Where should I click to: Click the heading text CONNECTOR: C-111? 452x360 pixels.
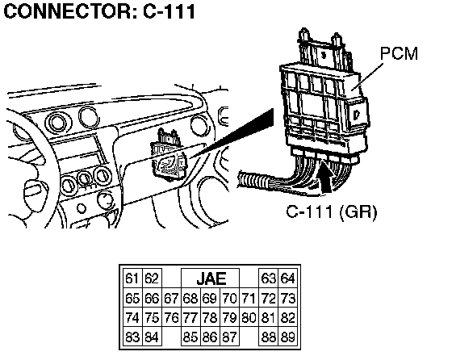tap(100, 11)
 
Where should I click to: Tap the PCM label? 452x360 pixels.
tap(399, 53)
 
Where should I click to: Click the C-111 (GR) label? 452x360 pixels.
tap(332, 211)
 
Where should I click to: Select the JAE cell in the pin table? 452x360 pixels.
tap(210, 278)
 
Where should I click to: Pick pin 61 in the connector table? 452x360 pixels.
tap(132, 278)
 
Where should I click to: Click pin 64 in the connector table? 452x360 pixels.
tap(287, 278)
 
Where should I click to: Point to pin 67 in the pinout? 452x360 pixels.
tap(171, 298)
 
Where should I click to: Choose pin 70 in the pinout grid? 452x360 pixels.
tap(229, 298)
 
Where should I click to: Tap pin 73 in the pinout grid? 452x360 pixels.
tap(287, 298)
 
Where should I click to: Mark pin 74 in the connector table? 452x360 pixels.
tap(132, 317)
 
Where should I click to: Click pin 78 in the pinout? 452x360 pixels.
tap(210, 317)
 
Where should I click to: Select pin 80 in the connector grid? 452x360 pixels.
tap(249, 317)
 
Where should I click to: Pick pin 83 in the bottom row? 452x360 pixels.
tap(132, 337)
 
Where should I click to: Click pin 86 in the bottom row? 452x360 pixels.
tap(210, 337)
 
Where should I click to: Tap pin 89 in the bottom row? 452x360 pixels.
tap(287, 337)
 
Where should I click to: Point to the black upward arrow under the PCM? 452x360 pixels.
tap(325, 176)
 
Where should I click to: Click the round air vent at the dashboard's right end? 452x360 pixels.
tap(200, 125)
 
